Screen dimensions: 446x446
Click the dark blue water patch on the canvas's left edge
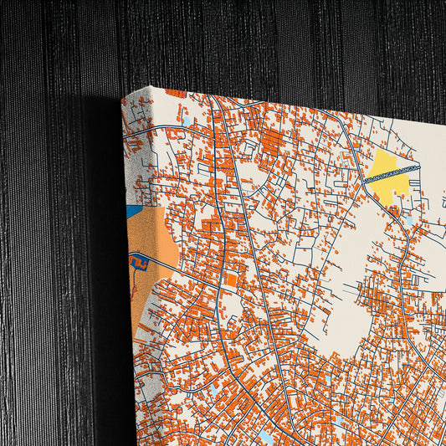[x=134, y=211]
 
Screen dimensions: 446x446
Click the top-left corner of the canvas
[x=122, y=97]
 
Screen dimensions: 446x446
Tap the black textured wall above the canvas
[x=251, y=42]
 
